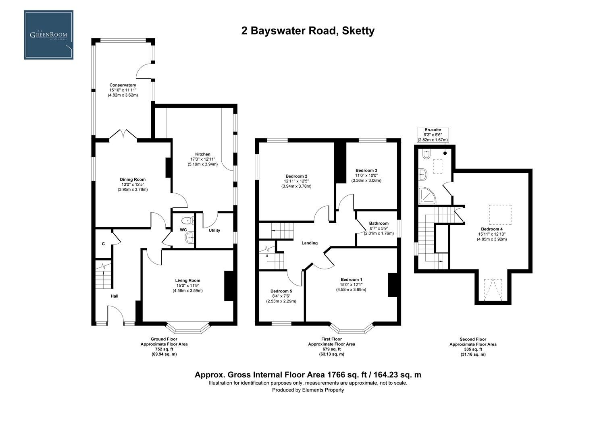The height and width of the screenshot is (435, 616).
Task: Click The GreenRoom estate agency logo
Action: (x=49, y=35)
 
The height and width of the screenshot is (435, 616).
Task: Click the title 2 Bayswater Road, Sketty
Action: (x=308, y=31)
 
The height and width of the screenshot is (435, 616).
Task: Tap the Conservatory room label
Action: (x=123, y=85)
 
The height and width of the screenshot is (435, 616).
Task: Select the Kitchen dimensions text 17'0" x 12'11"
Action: (x=202, y=159)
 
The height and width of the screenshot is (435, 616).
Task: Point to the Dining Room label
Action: (x=133, y=180)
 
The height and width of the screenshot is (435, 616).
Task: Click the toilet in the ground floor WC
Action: (x=187, y=220)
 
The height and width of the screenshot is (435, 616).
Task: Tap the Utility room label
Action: (x=214, y=230)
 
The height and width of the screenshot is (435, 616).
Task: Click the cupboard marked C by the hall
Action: (x=103, y=244)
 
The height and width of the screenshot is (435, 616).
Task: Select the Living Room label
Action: (x=187, y=280)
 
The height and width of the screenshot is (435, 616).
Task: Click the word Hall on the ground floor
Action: (x=114, y=296)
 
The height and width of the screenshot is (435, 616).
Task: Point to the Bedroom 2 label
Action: (x=296, y=176)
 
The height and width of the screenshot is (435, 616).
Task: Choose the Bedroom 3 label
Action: (x=366, y=170)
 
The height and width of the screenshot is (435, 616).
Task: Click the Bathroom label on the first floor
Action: (x=379, y=223)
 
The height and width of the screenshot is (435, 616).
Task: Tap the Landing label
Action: (x=310, y=243)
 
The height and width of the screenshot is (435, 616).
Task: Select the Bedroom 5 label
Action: (x=281, y=291)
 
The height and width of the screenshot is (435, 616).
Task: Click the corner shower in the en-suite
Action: (x=426, y=196)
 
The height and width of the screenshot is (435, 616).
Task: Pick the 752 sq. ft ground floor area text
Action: (x=164, y=349)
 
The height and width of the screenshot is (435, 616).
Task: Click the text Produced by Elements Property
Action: (x=308, y=390)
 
